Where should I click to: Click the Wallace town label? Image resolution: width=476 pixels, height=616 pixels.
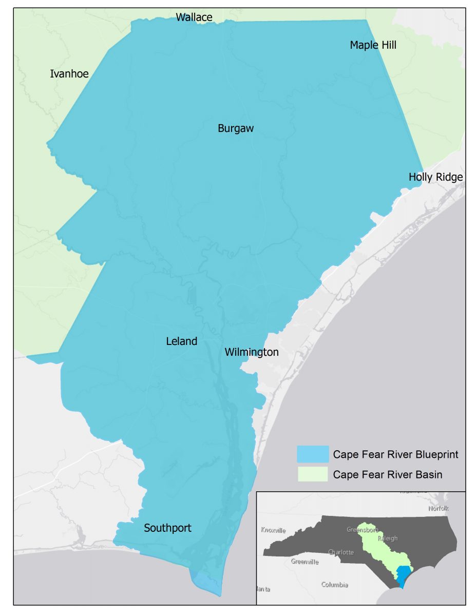click(194, 17)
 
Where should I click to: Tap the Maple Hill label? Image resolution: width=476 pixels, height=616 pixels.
click(373, 45)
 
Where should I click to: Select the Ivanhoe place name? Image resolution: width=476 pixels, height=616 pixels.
click(69, 74)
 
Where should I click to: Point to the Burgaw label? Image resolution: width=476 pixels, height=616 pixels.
click(236, 128)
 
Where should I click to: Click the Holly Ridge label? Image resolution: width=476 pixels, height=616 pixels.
click(435, 177)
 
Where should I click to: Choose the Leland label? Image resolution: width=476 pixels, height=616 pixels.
click(181, 341)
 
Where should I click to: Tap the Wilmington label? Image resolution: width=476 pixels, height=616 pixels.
click(252, 352)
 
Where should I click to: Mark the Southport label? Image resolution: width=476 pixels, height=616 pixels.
click(167, 528)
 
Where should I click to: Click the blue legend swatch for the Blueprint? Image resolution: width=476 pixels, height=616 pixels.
click(312, 454)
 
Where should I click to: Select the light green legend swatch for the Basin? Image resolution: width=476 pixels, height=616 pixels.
click(312, 474)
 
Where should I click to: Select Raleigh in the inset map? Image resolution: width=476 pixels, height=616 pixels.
click(387, 538)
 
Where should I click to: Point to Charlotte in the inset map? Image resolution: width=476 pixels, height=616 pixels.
click(340, 552)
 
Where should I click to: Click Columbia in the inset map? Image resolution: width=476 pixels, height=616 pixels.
click(335, 585)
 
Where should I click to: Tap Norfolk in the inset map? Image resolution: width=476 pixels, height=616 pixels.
click(439, 508)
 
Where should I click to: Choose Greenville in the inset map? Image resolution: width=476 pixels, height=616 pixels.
click(304, 562)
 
